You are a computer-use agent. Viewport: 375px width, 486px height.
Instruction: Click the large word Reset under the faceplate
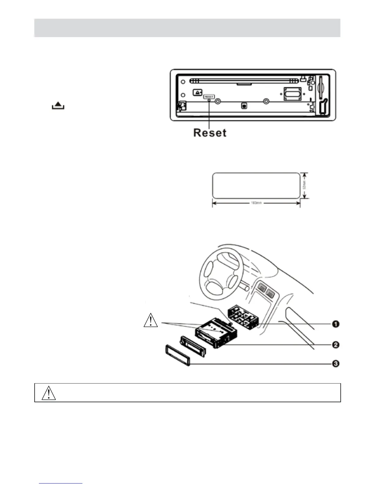[x=210, y=133]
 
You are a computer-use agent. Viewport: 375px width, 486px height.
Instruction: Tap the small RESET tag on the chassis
[x=209, y=97]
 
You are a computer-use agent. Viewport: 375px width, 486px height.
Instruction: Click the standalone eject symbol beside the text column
[x=58, y=106]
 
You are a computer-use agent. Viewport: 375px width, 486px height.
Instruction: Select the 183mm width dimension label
[x=256, y=203]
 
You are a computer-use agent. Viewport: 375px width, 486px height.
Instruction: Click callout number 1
[x=336, y=324]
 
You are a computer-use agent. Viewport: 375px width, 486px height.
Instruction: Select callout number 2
[x=336, y=345]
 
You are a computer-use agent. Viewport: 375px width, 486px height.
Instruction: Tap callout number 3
[x=336, y=364]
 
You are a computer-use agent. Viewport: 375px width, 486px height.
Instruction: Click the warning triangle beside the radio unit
[x=151, y=321]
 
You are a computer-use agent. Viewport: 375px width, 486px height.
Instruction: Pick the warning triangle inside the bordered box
[x=49, y=393]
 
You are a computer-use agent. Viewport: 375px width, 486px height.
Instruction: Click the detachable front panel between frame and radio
[x=192, y=345]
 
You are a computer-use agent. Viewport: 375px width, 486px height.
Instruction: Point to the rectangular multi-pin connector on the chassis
[x=292, y=94]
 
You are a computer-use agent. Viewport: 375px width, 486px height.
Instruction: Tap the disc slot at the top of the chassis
[x=244, y=81]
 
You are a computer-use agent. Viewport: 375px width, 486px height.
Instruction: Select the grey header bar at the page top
[x=187, y=28]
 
